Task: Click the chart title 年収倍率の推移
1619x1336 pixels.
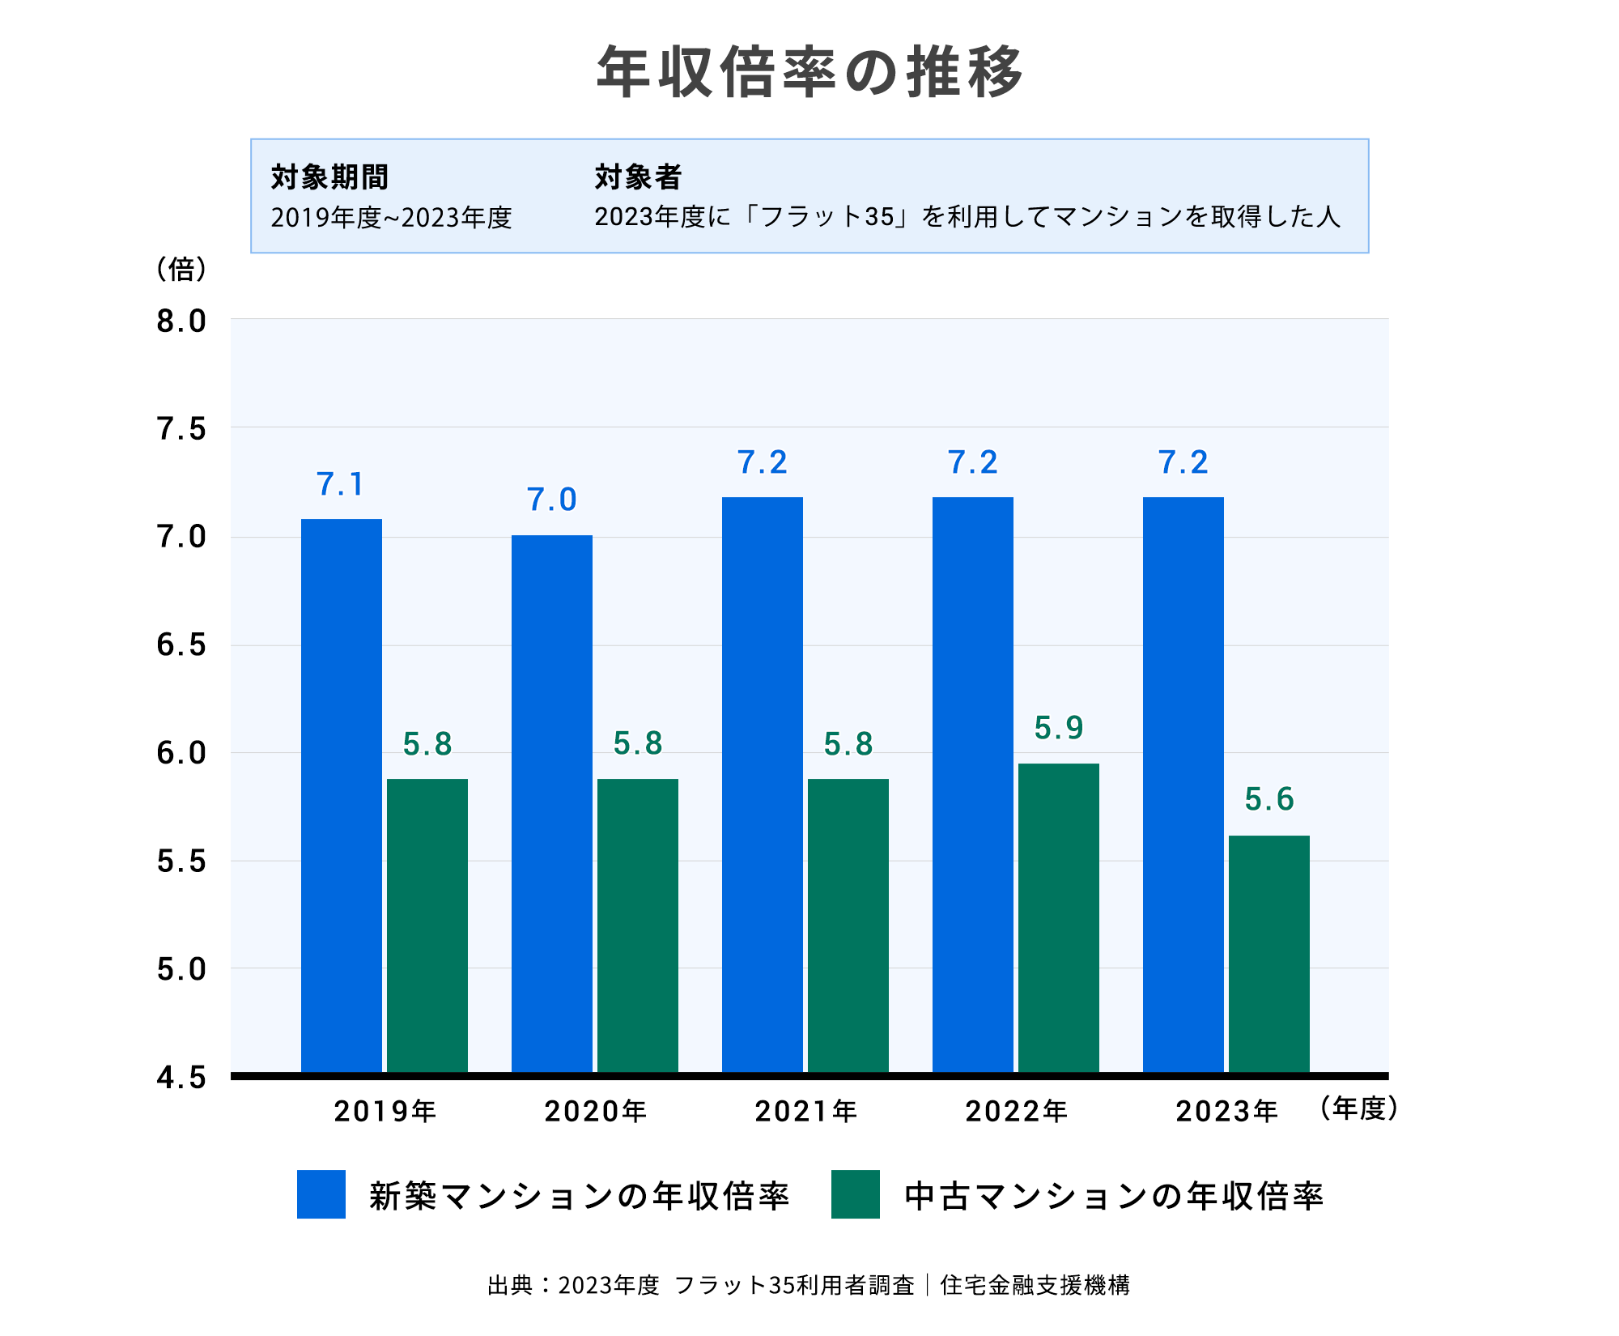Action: pos(809,73)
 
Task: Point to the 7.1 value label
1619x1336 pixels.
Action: pos(340,484)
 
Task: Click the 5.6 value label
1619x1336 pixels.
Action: pos(1268,799)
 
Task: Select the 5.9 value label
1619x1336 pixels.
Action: pos(1058,728)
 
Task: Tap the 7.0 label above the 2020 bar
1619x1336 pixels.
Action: pos(551,500)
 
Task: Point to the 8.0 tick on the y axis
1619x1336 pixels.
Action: pos(181,321)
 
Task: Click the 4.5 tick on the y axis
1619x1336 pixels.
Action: pos(181,1078)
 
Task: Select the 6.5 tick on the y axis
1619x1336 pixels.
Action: pos(181,645)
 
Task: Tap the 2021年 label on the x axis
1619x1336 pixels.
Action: pos(805,1111)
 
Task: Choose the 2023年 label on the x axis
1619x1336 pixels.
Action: pos(1226,1111)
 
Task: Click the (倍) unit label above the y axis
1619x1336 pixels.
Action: pos(181,269)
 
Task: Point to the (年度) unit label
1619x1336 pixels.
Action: pos(1358,1108)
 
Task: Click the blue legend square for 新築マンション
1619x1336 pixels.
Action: pos(321,1194)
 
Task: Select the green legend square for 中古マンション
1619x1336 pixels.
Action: pos(855,1194)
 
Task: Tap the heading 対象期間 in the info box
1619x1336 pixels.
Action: pos(329,177)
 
